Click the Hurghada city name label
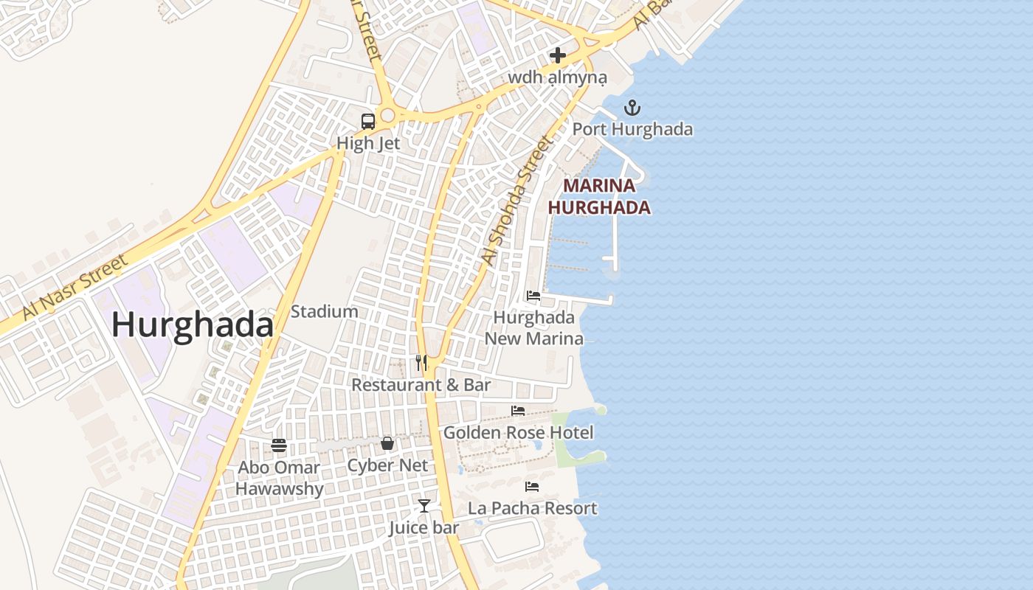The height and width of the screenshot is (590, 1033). (x=193, y=324)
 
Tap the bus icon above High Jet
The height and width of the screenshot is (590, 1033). (x=368, y=122)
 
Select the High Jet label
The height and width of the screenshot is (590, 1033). (x=368, y=143)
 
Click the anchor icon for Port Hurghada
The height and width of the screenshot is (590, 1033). (x=632, y=108)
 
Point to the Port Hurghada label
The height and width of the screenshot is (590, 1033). (x=633, y=130)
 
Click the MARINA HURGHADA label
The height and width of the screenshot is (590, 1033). (x=599, y=196)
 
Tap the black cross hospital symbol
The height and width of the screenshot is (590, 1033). (x=558, y=55)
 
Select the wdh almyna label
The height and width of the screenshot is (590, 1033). (x=558, y=77)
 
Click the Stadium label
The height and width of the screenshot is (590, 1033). (x=325, y=311)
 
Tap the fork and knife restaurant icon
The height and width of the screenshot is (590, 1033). (x=421, y=363)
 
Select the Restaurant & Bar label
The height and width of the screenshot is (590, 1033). (x=421, y=385)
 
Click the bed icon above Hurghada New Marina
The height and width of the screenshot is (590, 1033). (x=533, y=296)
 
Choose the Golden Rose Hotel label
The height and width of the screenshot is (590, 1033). (x=518, y=432)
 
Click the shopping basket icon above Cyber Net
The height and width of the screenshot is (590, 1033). (x=387, y=443)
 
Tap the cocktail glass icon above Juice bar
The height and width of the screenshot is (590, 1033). (x=424, y=506)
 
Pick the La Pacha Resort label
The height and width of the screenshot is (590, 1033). (x=533, y=508)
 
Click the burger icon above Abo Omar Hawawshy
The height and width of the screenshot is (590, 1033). (x=279, y=445)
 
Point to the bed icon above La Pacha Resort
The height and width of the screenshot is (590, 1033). (x=532, y=487)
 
